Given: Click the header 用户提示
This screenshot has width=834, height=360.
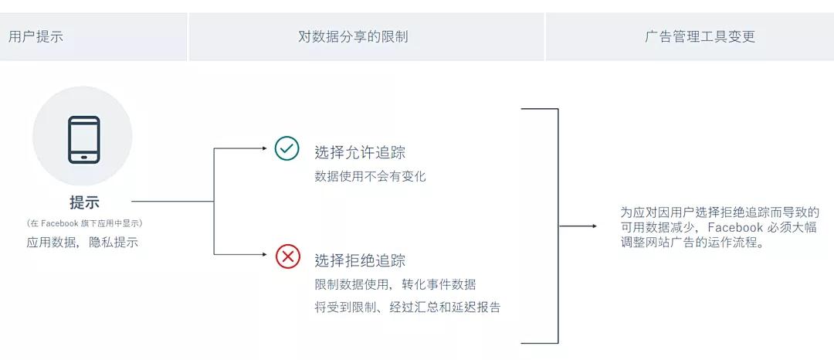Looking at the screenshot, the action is pyautogui.click(x=36, y=36).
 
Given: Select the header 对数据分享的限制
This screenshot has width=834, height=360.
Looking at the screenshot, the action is pyautogui.click(x=353, y=36).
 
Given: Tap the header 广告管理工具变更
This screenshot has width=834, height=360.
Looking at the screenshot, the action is pyautogui.click(x=700, y=36).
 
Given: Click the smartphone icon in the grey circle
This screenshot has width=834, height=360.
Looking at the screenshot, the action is pyautogui.click(x=84, y=140).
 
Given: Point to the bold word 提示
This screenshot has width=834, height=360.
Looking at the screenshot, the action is pyautogui.click(x=84, y=202).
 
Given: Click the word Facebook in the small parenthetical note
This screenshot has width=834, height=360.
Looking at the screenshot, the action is pyautogui.click(x=60, y=223).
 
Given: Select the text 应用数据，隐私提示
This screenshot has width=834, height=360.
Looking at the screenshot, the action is pyautogui.click(x=83, y=242).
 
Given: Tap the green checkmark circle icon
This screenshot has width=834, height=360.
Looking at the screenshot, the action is pyautogui.click(x=286, y=148).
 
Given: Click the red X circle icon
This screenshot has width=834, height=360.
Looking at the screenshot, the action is pyautogui.click(x=288, y=256).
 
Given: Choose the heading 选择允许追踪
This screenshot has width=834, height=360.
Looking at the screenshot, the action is pyautogui.click(x=360, y=153).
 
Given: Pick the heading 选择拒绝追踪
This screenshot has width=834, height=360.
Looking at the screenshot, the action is pyautogui.click(x=360, y=260).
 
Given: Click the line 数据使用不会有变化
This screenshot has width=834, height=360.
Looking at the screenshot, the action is pyautogui.click(x=370, y=177).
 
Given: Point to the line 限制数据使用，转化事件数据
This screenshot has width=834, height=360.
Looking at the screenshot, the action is pyautogui.click(x=395, y=284).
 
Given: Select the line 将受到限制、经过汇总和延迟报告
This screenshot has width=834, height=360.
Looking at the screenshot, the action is pyautogui.click(x=408, y=307).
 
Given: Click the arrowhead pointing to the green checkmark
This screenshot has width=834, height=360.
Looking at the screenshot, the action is pyautogui.click(x=264, y=148).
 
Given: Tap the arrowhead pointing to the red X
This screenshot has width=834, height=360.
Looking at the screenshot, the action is pyautogui.click(x=264, y=255).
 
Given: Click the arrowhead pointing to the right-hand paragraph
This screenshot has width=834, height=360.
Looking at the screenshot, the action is pyautogui.click(x=594, y=226).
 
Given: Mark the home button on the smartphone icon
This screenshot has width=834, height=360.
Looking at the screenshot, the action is pyautogui.click(x=84, y=157).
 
